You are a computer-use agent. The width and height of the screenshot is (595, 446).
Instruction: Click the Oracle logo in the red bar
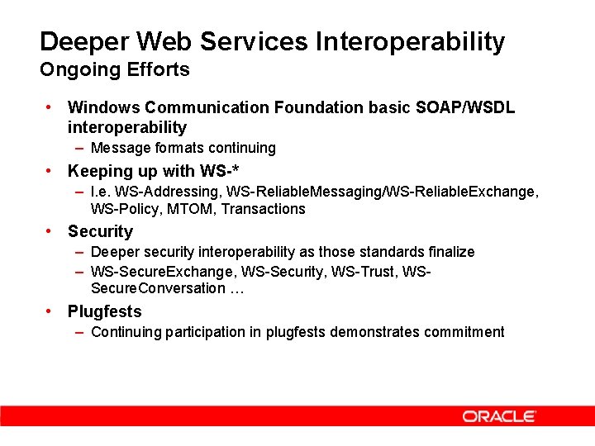click(499, 416)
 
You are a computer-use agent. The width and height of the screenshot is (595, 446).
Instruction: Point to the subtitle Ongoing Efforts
click(115, 69)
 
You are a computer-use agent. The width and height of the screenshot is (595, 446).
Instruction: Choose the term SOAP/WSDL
click(465, 107)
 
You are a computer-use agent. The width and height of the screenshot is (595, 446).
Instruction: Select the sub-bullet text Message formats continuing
click(183, 148)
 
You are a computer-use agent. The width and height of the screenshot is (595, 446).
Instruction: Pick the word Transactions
click(264, 209)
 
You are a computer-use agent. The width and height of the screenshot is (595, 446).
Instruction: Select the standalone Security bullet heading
click(100, 231)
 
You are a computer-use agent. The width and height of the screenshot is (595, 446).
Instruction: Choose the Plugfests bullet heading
click(105, 311)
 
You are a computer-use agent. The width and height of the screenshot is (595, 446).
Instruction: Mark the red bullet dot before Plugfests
click(50, 311)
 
